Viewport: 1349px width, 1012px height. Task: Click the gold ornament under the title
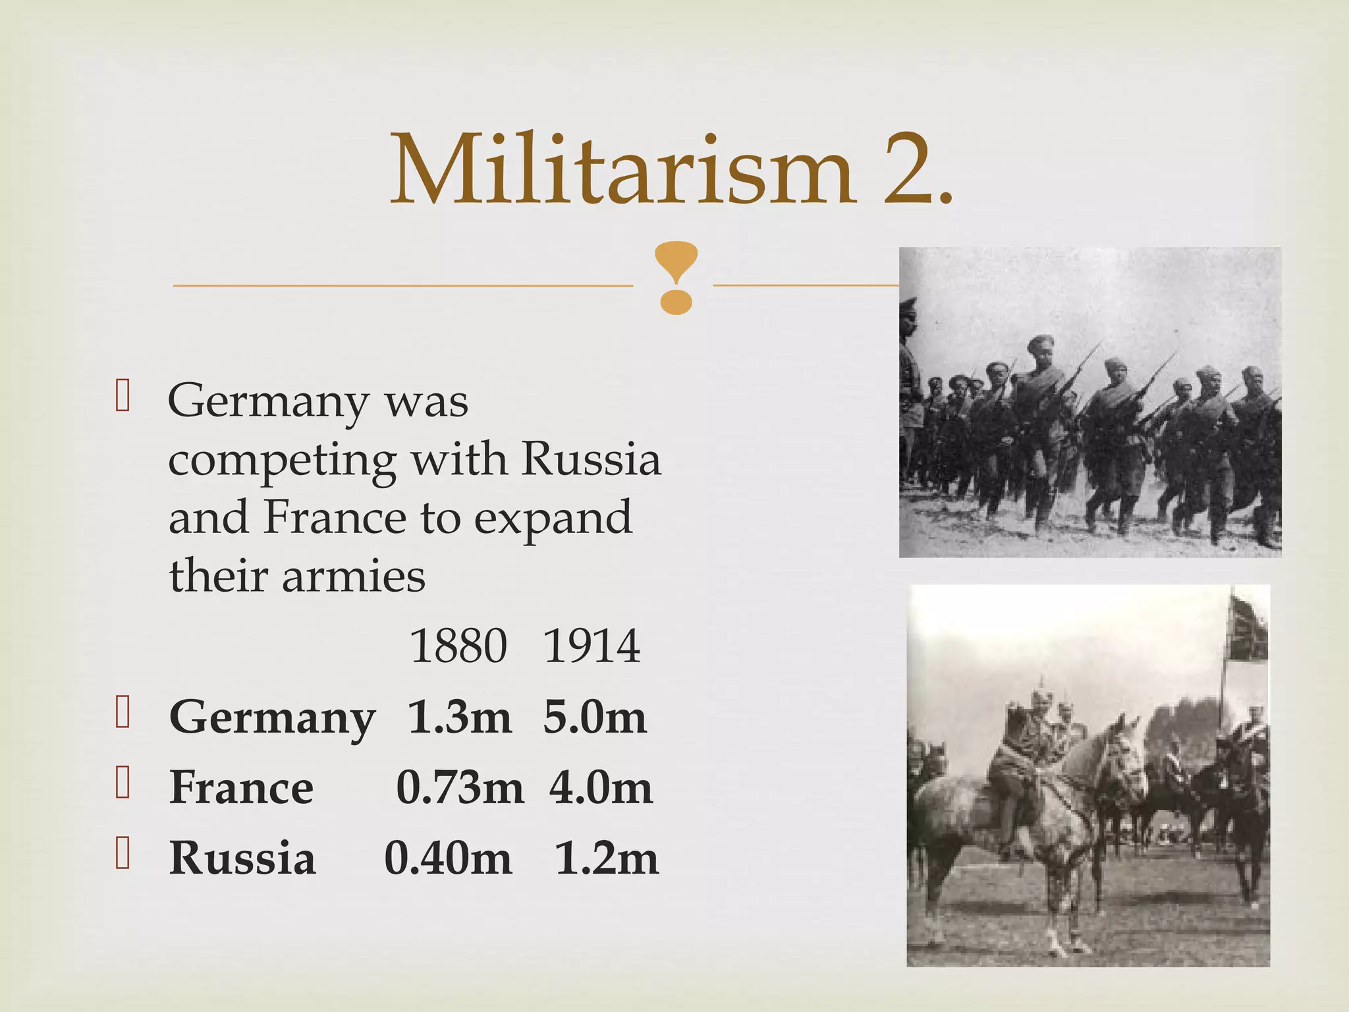point(676,277)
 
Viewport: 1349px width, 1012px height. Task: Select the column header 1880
point(458,646)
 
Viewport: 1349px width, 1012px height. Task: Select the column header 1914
point(592,646)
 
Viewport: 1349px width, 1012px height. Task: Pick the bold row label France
point(241,788)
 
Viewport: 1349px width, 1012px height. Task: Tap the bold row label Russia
point(242,858)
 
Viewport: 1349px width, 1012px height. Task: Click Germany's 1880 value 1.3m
point(459,717)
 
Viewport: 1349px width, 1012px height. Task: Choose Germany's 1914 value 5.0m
point(594,717)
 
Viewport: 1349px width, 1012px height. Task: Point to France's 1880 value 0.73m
point(460,788)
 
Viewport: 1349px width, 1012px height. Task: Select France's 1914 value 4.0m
point(601,788)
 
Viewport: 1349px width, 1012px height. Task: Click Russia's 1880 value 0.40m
point(448,858)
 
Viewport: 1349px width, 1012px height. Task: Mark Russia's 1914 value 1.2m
point(606,858)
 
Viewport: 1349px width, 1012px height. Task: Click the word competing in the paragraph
point(282,461)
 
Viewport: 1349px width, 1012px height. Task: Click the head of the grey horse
point(1123,758)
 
